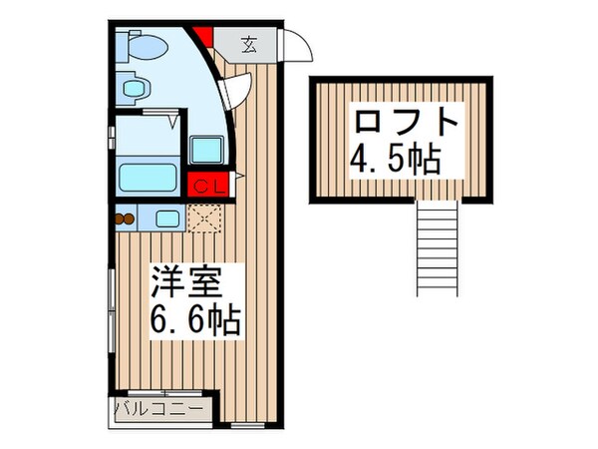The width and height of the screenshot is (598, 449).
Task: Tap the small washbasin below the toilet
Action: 133,89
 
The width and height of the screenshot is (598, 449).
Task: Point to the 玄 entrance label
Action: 249,45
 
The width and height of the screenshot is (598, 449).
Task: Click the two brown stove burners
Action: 124,219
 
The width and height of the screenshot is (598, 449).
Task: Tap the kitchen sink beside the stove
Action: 165,218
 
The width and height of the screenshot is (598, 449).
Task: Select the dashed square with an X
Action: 203,218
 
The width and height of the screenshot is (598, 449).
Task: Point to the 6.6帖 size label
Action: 194,321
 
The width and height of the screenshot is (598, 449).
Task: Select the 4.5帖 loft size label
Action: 396,160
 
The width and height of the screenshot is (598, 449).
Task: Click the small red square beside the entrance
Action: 204,39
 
